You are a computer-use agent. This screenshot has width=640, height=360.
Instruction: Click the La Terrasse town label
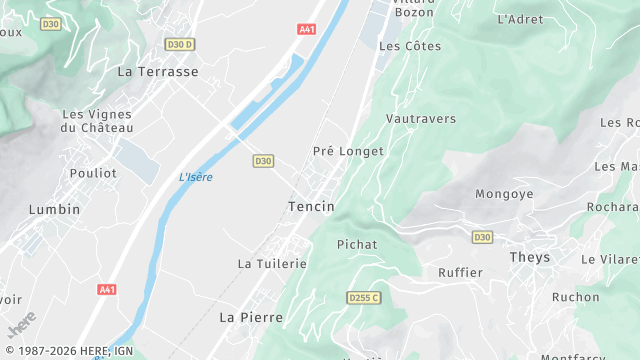pos(158,72)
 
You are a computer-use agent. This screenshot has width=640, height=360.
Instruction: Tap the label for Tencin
pos(310,206)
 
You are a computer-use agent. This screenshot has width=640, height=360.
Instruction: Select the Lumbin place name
pos(54,209)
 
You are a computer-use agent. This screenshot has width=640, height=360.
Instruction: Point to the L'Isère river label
pos(196,177)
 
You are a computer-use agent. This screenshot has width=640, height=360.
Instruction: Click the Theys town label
pos(530,257)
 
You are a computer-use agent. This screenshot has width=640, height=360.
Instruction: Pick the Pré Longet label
pos(348,151)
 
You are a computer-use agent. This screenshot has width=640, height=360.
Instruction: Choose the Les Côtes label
pos(410,46)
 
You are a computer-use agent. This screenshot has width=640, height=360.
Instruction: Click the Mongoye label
pos(504,194)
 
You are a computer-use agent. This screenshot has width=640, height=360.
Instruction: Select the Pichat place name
pos(357,244)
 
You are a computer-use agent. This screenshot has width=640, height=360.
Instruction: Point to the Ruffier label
pos(460,272)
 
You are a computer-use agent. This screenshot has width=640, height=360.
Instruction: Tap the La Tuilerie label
pos(272,263)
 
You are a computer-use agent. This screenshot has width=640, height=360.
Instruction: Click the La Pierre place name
pos(251,317)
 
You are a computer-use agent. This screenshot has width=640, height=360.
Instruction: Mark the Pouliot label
pos(93,173)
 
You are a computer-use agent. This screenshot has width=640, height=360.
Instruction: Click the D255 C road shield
pos(365,297)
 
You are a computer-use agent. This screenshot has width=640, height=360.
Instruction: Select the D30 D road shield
pos(180,44)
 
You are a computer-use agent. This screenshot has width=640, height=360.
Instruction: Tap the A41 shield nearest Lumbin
pos(107,289)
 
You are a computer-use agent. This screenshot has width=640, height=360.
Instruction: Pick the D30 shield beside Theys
pos(482,237)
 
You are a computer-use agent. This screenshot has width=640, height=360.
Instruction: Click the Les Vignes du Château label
pos(96,121)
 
